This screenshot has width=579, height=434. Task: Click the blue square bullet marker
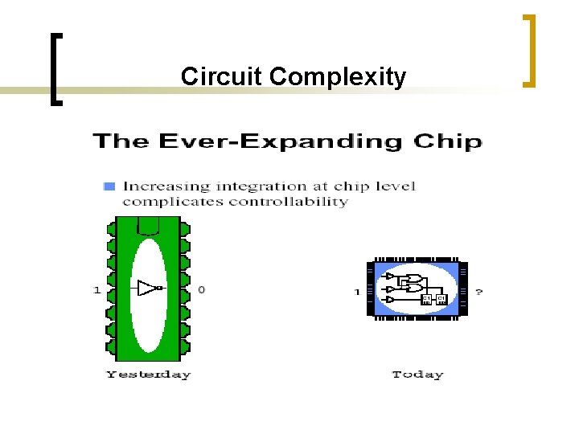coord(109,186)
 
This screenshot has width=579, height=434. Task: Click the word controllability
coord(289,202)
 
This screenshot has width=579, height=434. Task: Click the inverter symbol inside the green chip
coord(149,288)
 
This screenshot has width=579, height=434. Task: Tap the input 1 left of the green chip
coord(97,289)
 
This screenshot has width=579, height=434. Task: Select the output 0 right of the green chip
coord(201,289)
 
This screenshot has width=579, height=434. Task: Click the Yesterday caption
coord(148,375)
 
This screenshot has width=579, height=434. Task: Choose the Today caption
coord(417,375)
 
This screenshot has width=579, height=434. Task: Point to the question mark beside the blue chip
coord(480,292)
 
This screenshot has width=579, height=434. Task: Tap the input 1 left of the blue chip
coord(356,292)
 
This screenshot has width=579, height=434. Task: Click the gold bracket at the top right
coord(528,50)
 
